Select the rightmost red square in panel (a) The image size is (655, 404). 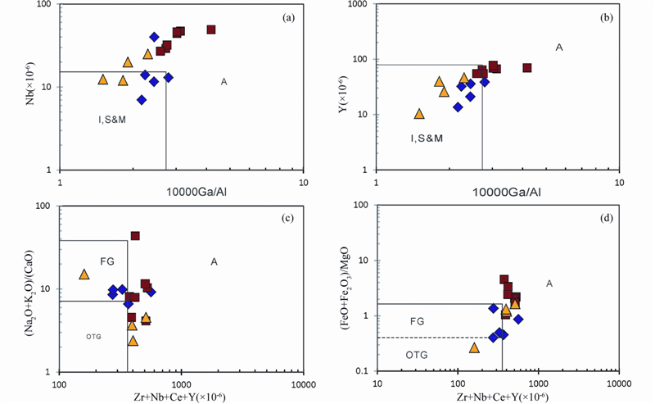tap(211, 30)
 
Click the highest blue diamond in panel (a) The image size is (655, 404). tap(154, 37)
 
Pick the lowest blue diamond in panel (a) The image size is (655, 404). tap(142, 100)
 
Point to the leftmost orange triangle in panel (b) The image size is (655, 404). tap(419, 114)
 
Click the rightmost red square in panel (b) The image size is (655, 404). tap(527, 68)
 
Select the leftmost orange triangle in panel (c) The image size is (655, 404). tap(84, 275)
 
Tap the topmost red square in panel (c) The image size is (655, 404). tap(135, 236)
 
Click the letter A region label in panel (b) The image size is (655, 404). tap(559, 48)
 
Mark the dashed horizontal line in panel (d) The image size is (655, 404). tap(439, 338)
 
